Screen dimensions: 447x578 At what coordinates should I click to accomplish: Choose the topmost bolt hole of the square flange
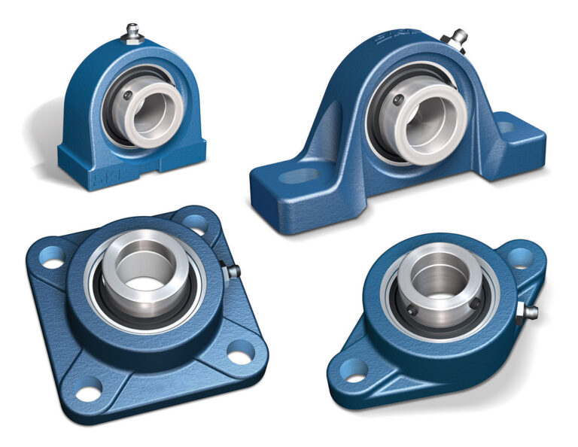[x=194, y=222]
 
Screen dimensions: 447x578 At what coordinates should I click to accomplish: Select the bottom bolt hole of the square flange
[x=89, y=392]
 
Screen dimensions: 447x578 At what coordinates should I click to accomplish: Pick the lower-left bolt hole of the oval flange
[x=354, y=369]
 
